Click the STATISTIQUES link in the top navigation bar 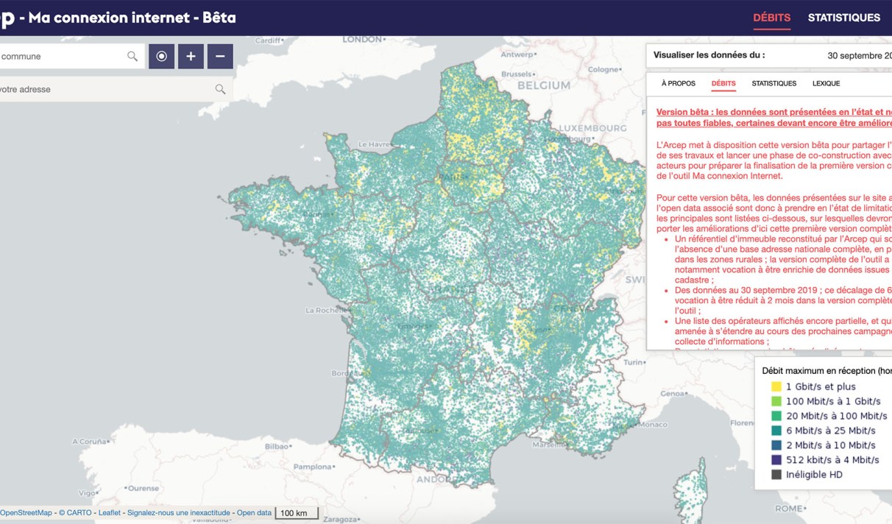(x=843, y=18)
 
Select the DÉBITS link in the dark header (x=771, y=18)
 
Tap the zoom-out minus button (x=220, y=57)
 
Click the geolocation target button (x=161, y=57)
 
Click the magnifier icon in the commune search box (x=132, y=57)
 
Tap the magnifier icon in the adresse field (x=220, y=90)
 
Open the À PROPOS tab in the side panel (x=678, y=84)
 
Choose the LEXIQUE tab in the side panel (x=826, y=84)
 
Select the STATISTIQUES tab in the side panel (x=774, y=84)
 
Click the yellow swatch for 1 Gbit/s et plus (x=776, y=386)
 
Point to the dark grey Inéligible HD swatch (x=776, y=475)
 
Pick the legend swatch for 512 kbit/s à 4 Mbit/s (x=776, y=460)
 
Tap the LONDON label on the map (x=363, y=39)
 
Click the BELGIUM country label (x=544, y=85)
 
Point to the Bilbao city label (x=277, y=446)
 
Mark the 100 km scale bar (x=297, y=513)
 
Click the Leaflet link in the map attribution (x=110, y=513)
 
